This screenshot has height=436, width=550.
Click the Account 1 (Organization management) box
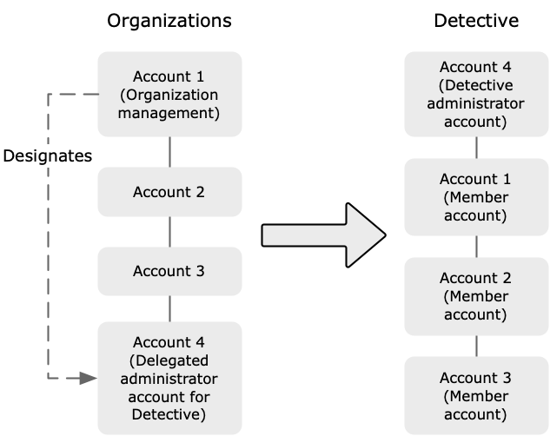(x=169, y=94)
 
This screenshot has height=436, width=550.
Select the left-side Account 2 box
(x=169, y=192)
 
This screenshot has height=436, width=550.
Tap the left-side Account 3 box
(x=169, y=271)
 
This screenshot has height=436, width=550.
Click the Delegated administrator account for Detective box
(x=169, y=378)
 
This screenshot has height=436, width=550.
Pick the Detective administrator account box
(x=475, y=94)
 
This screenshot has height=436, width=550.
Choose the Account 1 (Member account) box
(x=475, y=198)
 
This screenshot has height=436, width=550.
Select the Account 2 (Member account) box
(x=475, y=296)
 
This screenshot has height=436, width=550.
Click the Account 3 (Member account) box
(x=475, y=395)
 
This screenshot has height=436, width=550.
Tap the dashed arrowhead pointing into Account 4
(x=87, y=378)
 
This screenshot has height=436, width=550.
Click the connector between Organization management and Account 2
(x=169, y=152)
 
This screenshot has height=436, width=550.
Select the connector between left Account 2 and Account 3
(x=169, y=232)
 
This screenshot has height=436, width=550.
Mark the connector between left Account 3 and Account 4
(x=169, y=308)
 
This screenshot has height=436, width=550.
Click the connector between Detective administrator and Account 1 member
(x=475, y=149)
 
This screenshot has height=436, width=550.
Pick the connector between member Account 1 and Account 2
(x=475, y=247)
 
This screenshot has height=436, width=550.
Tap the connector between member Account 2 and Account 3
(x=475, y=346)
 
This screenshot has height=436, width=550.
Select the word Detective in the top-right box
(x=477, y=85)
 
